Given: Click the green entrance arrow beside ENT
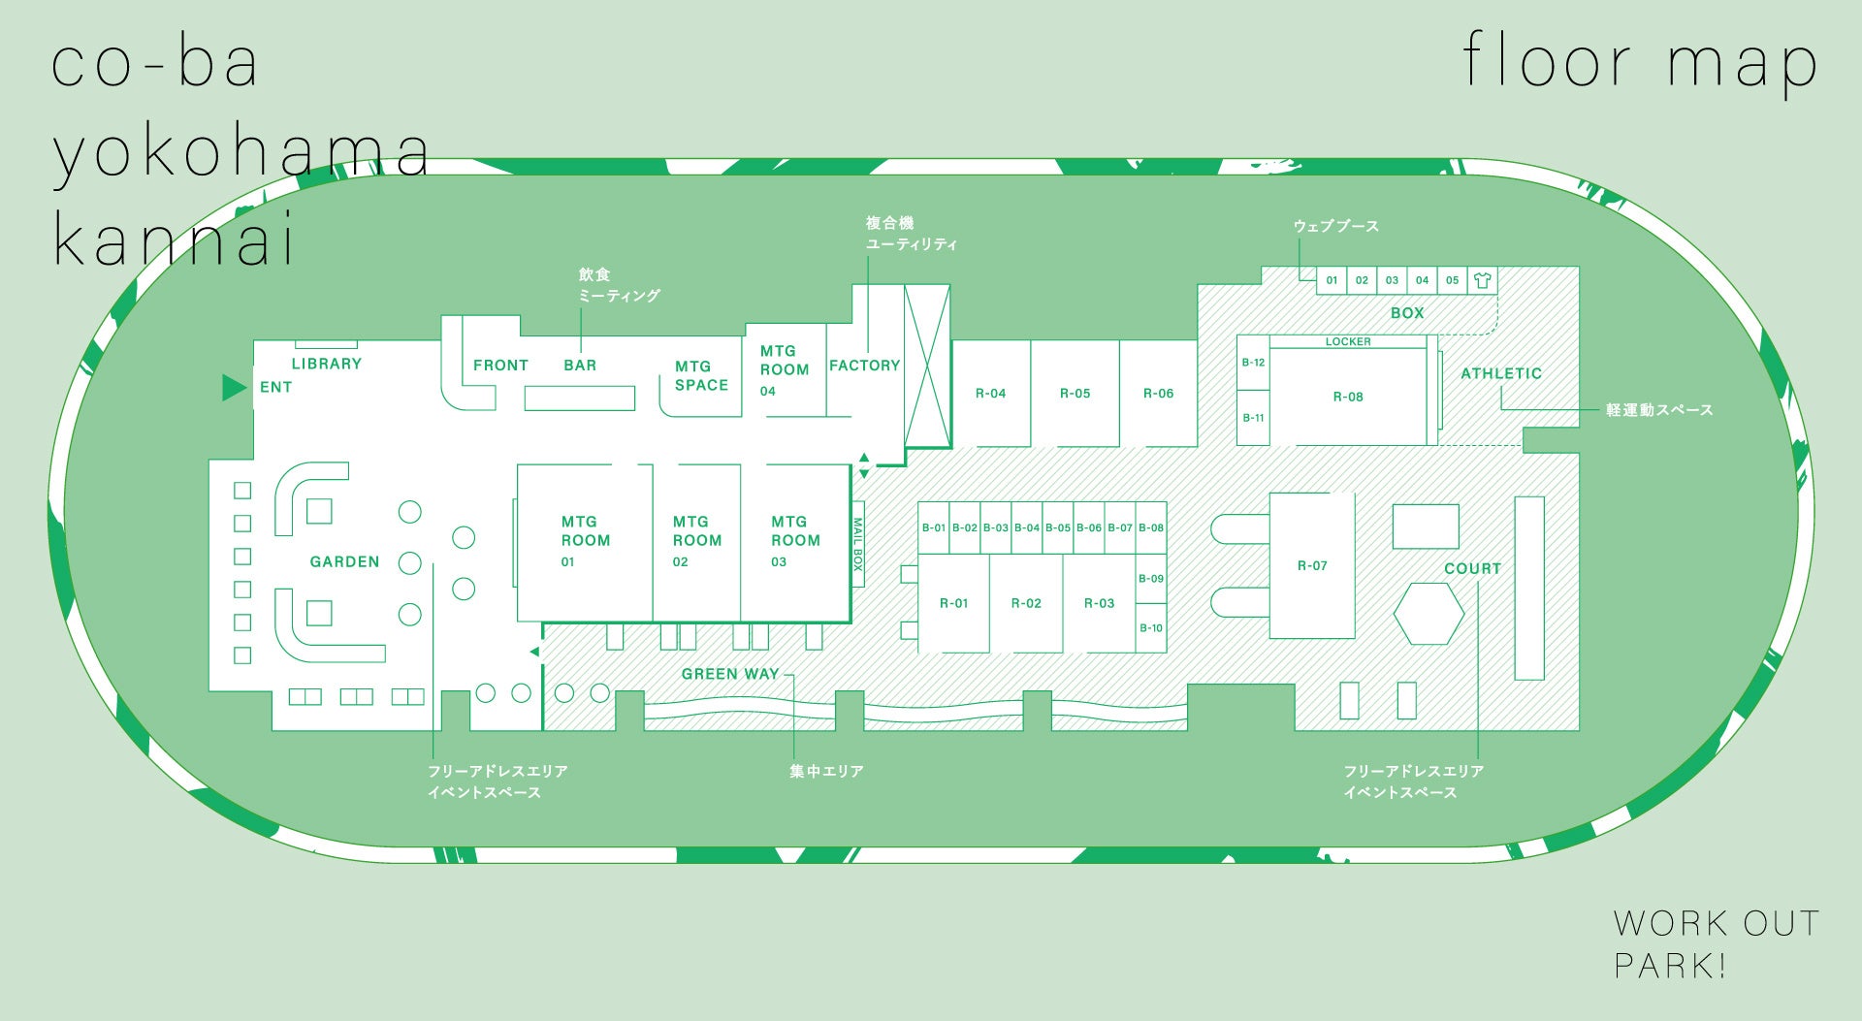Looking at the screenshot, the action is (x=234, y=388).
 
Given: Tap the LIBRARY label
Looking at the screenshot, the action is (x=327, y=364).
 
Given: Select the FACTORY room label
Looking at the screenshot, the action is (x=864, y=366).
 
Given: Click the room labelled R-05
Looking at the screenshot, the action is (x=1075, y=394).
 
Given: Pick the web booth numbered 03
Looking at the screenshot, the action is (x=1392, y=280).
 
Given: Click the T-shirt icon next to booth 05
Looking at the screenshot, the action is (x=1482, y=280).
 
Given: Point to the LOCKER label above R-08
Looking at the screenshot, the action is (x=1348, y=341).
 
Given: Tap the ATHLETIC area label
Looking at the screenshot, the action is (x=1500, y=373).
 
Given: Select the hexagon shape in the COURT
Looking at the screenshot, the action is (x=1429, y=614).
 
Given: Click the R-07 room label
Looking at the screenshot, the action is (x=1312, y=565).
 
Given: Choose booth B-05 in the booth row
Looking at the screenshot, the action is (x=1058, y=528).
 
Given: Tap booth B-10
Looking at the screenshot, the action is (x=1151, y=628).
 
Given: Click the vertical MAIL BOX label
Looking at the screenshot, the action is (x=857, y=544).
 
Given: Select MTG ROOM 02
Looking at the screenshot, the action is (x=696, y=540).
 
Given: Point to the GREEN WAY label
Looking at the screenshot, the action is (x=730, y=674).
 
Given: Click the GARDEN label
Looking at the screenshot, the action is (x=344, y=561).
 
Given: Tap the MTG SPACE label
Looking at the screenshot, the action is (x=701, y=375).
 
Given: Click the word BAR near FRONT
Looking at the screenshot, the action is (x=580, y=366).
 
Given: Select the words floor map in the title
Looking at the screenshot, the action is (x=1639, y=63).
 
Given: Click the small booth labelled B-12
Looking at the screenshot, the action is (x=1253, y=363).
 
